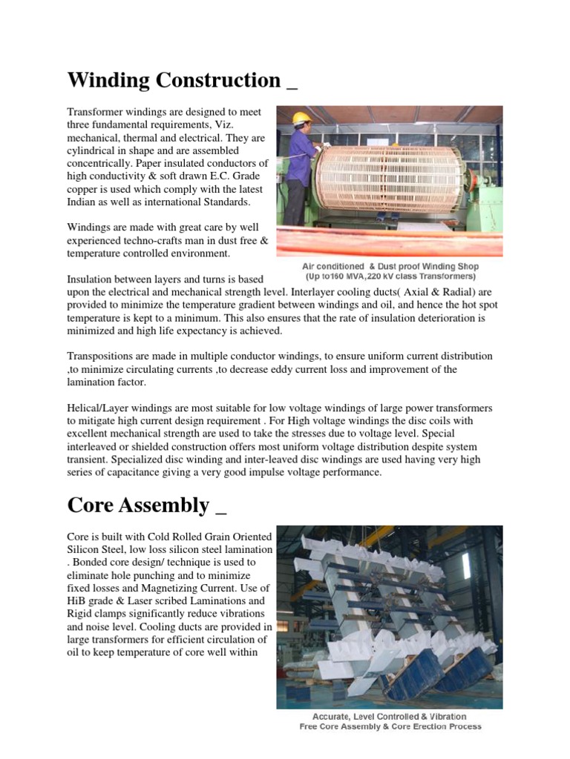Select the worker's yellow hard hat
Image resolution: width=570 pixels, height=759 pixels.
(x=301, y=118)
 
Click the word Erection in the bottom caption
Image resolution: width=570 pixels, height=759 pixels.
(x=416, y=726)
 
